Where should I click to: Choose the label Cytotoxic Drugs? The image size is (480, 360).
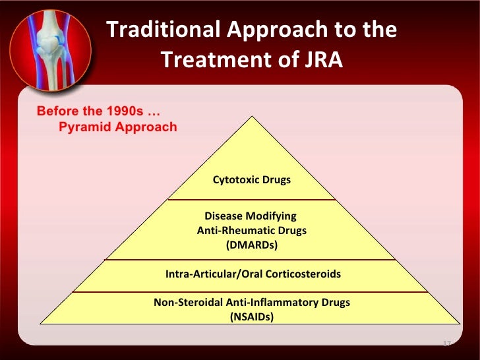[x=251, y=180]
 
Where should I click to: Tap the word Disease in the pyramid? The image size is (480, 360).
[x=224, y=216]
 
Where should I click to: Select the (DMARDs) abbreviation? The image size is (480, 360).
[x=251, y=245]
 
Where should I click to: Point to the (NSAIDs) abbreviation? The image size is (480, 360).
[x=251, y=316]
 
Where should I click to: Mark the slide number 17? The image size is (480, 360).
[x=446, y=344]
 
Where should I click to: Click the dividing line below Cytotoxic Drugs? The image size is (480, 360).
[x=251, y=199]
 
